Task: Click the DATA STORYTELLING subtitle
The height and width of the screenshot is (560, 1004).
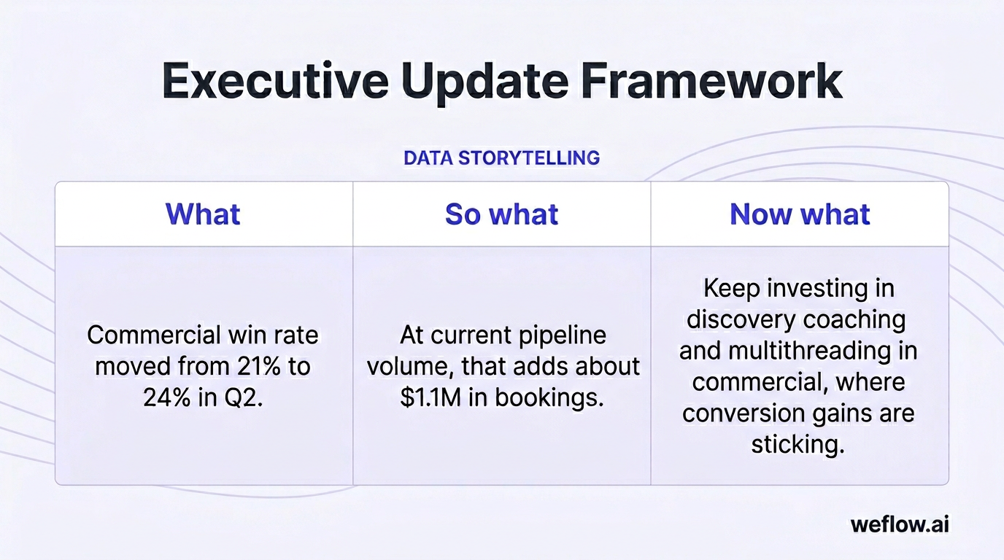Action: coord(501,157)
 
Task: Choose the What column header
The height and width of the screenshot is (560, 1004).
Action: coord(203,214)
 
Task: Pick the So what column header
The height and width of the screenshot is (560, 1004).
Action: coord(501,214)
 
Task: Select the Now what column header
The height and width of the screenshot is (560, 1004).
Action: coord(800,214)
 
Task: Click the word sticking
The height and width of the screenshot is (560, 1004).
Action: coord(798,444)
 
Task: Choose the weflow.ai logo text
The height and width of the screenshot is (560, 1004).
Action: coord(900,524)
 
